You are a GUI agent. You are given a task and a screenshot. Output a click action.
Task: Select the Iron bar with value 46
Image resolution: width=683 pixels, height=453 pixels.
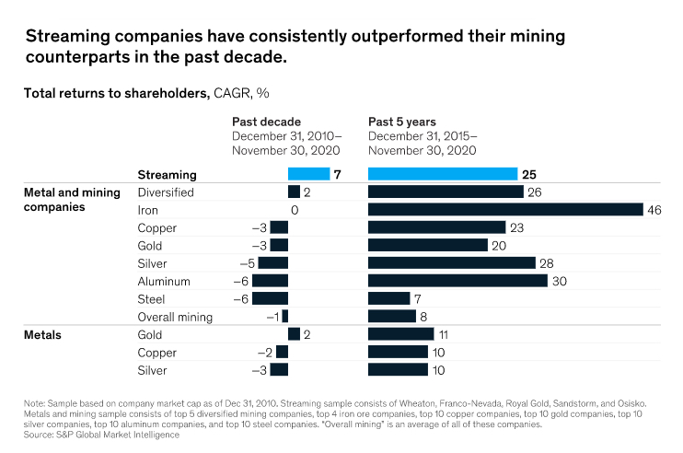[x=505, y=209]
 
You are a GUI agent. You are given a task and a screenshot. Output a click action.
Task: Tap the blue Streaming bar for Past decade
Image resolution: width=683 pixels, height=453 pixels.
[x=308, y=173]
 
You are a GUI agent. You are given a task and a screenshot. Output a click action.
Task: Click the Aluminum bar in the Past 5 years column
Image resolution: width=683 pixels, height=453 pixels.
[x=457, y=281]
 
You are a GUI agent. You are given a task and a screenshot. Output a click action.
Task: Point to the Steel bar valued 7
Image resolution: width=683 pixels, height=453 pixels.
[x=388, y=298]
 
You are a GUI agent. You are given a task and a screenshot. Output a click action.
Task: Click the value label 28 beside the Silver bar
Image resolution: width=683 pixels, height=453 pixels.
[x=548, y=263]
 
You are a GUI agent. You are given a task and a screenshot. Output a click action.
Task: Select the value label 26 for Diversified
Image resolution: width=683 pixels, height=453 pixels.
[x=535, y=192]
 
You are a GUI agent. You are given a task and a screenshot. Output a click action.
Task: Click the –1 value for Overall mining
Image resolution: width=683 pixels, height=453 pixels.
[x=273, y=317]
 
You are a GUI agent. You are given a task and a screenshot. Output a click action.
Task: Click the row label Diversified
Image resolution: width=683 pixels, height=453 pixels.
[x=165, y=192]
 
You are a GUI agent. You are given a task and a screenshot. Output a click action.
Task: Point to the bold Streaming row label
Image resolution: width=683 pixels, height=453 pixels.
[x=166, y=174]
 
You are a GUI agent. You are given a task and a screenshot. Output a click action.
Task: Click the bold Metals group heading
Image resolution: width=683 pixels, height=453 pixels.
[x=42, y=334]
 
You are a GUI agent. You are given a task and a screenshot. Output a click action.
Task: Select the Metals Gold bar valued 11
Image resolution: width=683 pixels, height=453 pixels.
[x=400, y=334]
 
